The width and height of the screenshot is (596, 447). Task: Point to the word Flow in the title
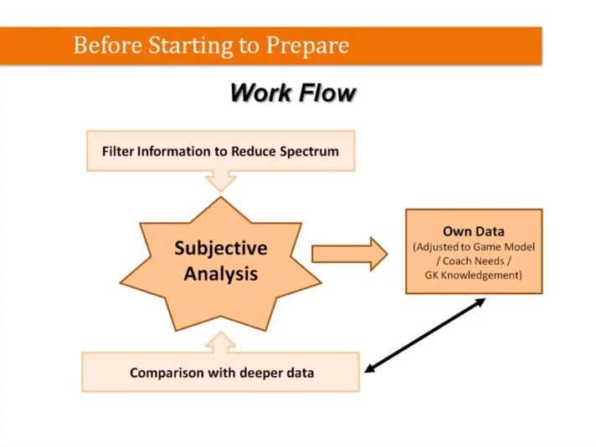pyautogui.click(x=325, y=92)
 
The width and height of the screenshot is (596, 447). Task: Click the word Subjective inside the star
pyautogui.click(x=221, y=248)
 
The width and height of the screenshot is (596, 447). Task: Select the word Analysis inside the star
pyautogui.click(x=221, y=273)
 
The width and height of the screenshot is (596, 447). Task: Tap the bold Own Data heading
pyautogui.click(x=473, y=231)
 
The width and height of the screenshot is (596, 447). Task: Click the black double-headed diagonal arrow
pyautogui.click(x=426, y=334)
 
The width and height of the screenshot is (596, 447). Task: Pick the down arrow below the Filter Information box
pyautogui.click(x=221, y=180)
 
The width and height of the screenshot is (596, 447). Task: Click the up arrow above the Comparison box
pyautogui.click(x=221, y=341)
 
